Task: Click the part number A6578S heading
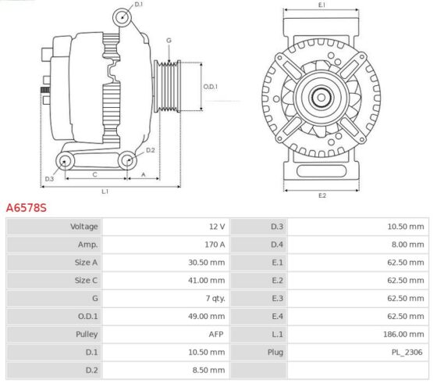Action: coord(27,208)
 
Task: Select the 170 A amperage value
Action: coord(215,245)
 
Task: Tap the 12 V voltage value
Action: coord(217,227)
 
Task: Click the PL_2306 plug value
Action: coord(407,353)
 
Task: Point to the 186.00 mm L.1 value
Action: coord(403,335)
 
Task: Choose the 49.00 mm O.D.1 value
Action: coord(206,317)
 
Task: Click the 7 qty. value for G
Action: coord(215,299)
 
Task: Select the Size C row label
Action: coord(86,281)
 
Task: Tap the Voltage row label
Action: coord(84,227)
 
